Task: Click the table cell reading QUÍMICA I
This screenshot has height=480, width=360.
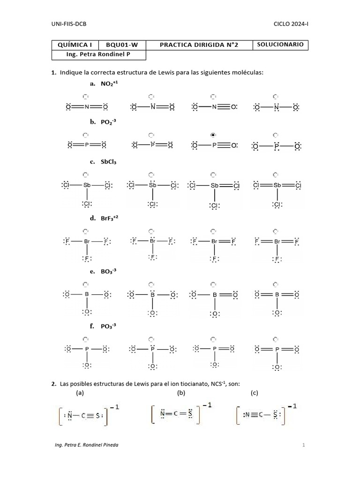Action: click(75, 45)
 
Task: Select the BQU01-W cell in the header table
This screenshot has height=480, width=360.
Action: click(121, 45)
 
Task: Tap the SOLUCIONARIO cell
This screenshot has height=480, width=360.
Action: click(280, 45)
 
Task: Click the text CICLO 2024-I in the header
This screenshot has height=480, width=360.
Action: click(291, 23)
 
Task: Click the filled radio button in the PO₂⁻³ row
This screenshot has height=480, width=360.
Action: click(213, 135)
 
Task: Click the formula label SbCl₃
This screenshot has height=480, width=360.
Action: click(108, 162)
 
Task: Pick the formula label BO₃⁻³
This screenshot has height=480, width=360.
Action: click(109, 271)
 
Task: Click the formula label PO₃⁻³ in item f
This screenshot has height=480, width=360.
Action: click(109, 326)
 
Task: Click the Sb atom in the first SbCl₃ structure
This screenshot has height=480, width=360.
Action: click(87, 185)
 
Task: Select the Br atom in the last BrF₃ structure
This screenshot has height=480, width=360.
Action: click(277, 242)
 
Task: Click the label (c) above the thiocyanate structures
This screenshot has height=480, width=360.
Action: click(255, 393)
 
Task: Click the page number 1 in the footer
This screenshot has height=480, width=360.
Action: click(304, 445)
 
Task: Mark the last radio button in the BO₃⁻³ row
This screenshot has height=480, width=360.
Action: click(276, 285)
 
